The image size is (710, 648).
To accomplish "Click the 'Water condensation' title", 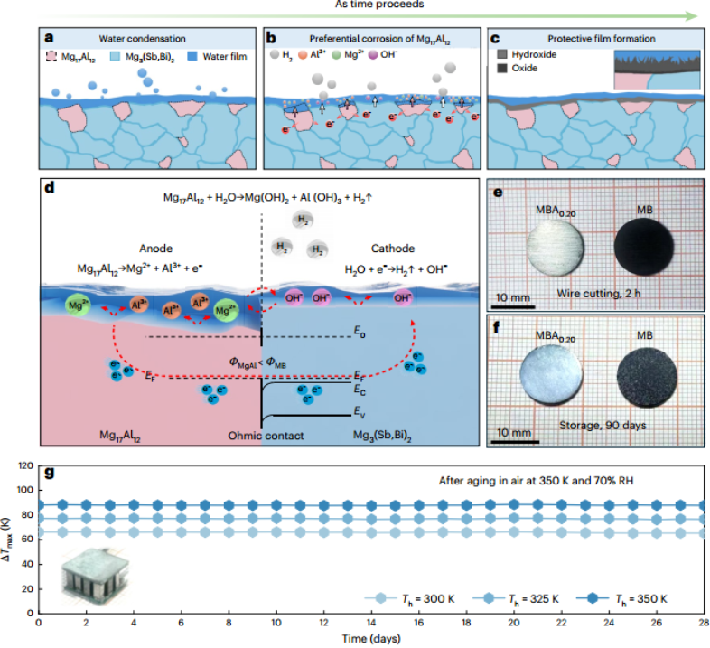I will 147,39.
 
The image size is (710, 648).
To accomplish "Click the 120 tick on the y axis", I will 23,467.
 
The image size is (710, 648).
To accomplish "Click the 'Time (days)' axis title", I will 370,639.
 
